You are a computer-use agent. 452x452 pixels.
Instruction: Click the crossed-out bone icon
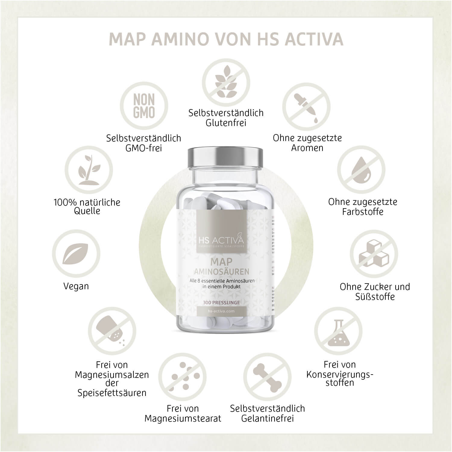tap(267, 376)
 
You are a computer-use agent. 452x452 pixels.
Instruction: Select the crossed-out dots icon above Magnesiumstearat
tap(182, 376)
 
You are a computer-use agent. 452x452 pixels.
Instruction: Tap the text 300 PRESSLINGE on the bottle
tap(221, 302)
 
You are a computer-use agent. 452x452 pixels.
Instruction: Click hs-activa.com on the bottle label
tap(221, 311)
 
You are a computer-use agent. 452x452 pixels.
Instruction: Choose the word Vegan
tap(76, 286)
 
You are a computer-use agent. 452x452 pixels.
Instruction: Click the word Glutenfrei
tap(226, 123)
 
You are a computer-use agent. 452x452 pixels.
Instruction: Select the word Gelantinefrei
tap(267, 419)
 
